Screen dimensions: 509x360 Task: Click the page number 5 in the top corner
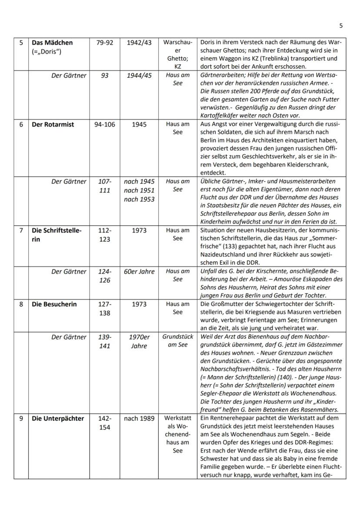click(341, 25)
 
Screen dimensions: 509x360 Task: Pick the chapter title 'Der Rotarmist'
click(53, 124)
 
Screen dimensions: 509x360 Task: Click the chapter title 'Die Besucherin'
click(54, 304)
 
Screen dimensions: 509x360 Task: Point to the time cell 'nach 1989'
click(139, 419)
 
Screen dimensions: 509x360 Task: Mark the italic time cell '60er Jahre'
click(139, 272)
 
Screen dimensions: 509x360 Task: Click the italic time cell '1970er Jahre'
click(139, 341)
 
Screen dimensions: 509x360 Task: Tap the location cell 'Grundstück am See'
click(177, 341)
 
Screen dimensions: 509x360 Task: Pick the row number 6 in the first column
click(21, 124)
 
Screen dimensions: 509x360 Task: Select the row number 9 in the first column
click(21, 419)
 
